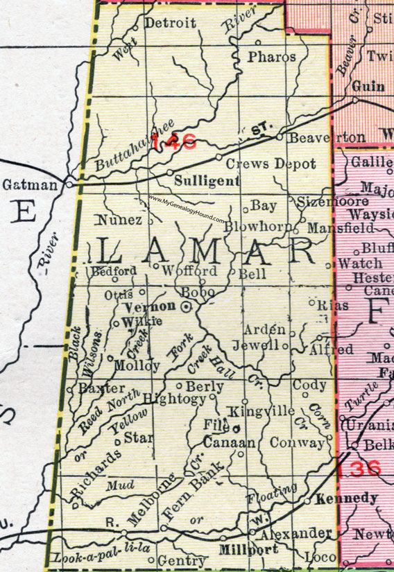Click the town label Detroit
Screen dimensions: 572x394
[171, 23]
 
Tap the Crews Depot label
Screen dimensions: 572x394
[270, 164]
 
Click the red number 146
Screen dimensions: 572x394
[175, 142]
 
